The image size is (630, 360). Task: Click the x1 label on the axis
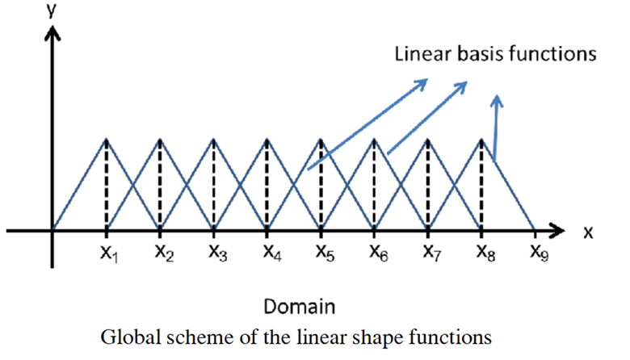[x=109, y=253]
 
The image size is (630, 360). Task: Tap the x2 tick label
[x=164, y=253]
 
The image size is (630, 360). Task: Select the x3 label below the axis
[x=218, y=253]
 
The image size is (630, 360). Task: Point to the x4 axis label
[x=272, y=253]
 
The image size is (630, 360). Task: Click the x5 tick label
[x=325, y=253]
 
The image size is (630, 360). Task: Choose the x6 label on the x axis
[x=379, y=253]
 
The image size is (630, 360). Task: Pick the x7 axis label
[x=432, y=253]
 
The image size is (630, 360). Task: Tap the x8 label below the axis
[x=485, y=253]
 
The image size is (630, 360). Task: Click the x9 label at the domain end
[x=540, y=253]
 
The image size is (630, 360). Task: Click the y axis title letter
[x=51, y=10]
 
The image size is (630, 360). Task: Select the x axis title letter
[x=588, y=232]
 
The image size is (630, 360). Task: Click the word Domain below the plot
[x=300, y=307]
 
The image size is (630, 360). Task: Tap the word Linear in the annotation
[x=423, y=54]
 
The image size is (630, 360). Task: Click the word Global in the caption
[x=131, y=337]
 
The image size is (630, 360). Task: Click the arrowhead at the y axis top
[x=52, y=33]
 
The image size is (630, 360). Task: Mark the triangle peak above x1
[x=107, y=139]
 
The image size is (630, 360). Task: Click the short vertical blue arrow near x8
[x=497, y=128]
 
